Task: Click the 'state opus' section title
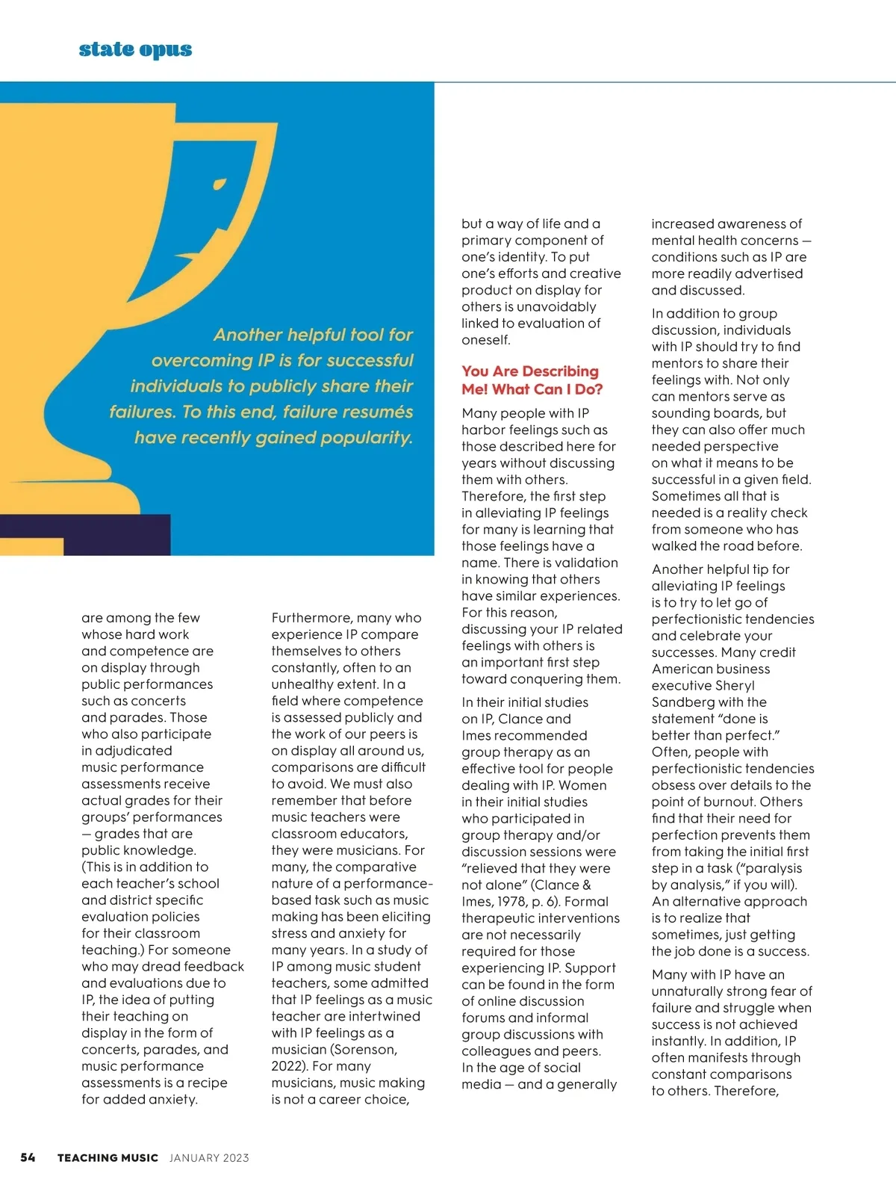[135, 49]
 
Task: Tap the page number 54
[28, 1157]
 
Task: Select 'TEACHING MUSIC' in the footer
[108, 1157]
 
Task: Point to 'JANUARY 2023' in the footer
[209, 1157]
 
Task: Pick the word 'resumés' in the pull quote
[380, 412]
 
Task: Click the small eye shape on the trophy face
[220, 183]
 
